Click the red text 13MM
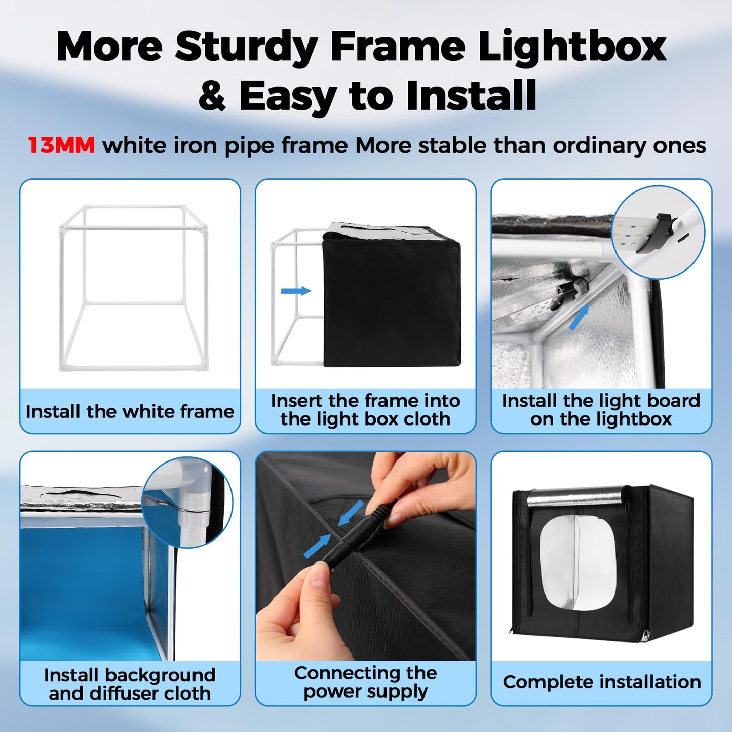61,146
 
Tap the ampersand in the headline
212,96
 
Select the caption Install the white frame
130,411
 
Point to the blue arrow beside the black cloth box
296,291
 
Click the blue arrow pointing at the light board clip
579,318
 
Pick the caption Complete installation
601,682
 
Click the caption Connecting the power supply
365,682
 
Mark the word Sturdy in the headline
246,47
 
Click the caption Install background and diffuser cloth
130,684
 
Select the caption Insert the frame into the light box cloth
365,410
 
